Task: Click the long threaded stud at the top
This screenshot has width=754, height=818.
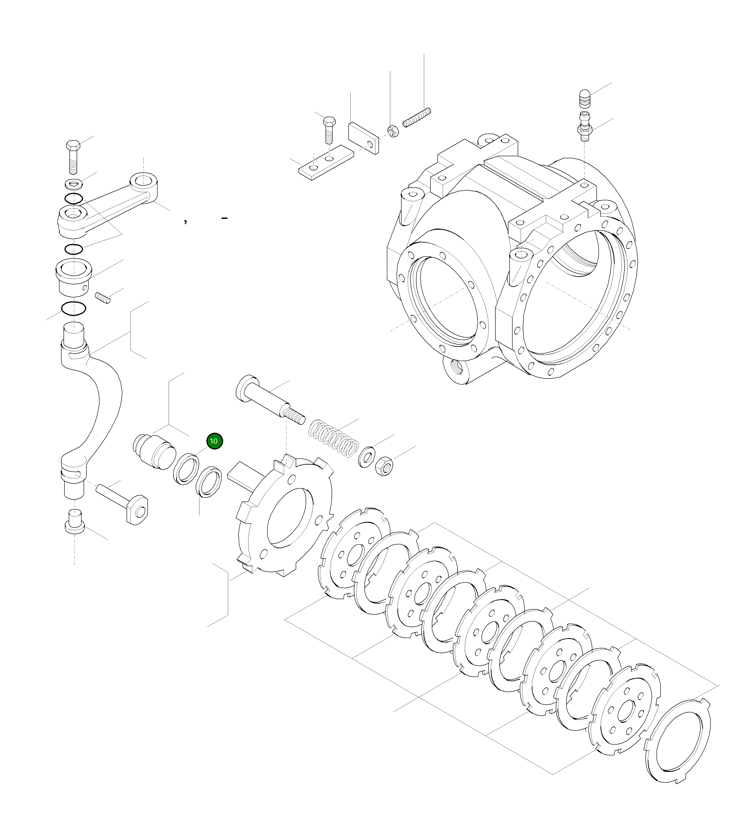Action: (x=417, y=118)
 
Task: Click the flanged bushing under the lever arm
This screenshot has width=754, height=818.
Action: (x=74, y=277)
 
